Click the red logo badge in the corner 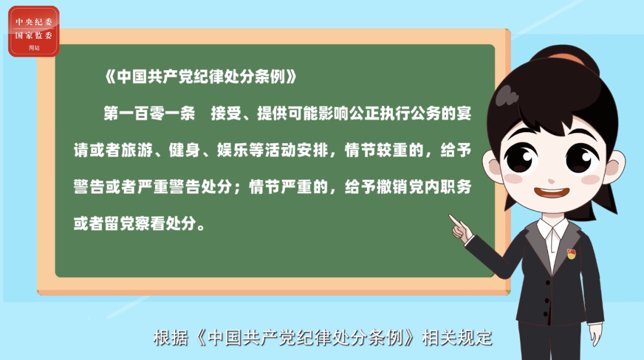[x=33, y=31]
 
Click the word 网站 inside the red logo [x=34, y=48]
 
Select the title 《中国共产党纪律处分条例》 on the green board [x=200, y=77]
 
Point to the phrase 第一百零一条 [x=149, y=113]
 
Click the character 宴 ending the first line [x=464, y=113]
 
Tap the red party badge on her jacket [x=571, y=254]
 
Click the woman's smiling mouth [x=551, y=193]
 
